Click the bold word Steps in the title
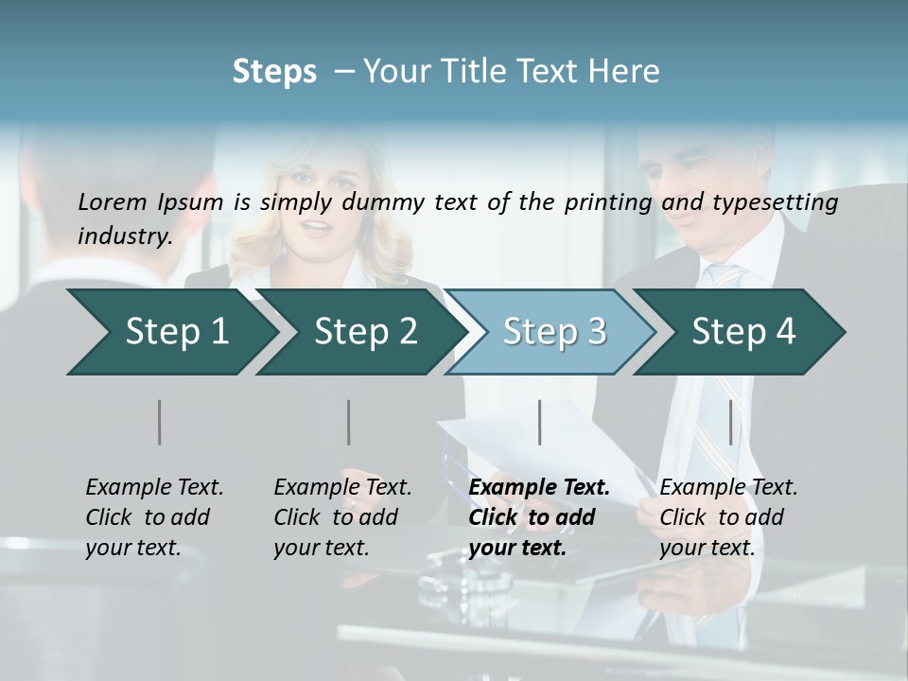click(x=274, y=72)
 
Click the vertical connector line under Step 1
click(x=160, y=422)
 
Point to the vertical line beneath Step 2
click(x=349, y=422)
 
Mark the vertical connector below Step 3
click(x=539, y=422)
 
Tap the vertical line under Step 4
click(x=730, y=422)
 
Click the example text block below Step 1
click(x=154, y=517)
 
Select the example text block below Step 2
click(x=342, y=517)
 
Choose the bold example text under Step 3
click(x=539, y=517)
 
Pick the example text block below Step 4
click(x=728, y=517)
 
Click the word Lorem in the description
click(x=113, y=201)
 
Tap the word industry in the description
click(x=125, y=236)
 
